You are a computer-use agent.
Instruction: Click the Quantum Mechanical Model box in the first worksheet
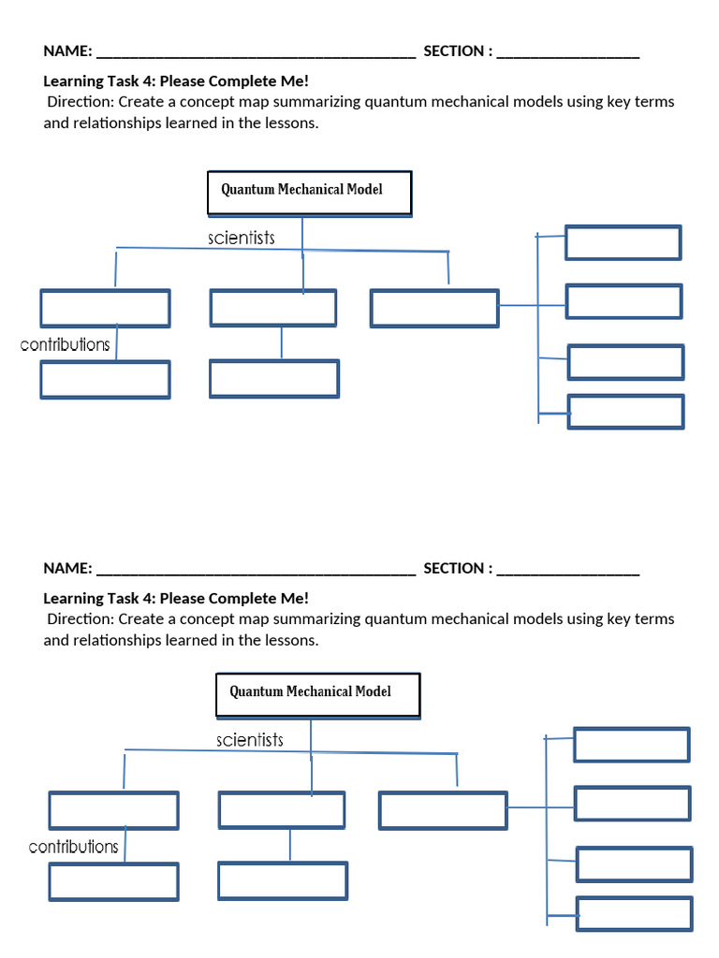click(x=308, y=193)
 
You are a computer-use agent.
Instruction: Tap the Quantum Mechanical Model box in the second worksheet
click(x=317, y=695)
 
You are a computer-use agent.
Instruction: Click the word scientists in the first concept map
click(x=242, y=239)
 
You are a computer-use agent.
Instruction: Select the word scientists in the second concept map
click(x=250, y=740)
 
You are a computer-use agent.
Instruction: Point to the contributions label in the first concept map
click(x=66, y=344)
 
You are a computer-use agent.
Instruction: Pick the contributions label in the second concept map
click(x=74, y=847)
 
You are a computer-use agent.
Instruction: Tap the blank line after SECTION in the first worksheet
click(x=568, y=52)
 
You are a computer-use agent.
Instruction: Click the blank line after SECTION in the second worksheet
click(x=568, y=570)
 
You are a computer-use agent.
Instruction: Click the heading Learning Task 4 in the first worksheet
click(x=176, y=81)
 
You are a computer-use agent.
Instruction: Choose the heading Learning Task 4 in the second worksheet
click(x=176, y=599)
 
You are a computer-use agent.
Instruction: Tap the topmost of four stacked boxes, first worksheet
click(x=623, y=242)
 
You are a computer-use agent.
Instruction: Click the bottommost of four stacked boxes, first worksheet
click(x=625, y=412)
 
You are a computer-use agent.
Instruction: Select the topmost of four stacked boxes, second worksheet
click(x=631, y=745)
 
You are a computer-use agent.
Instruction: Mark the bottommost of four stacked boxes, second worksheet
click(x=634, y=914)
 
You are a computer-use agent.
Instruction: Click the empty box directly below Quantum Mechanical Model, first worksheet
click(x=272, y=308)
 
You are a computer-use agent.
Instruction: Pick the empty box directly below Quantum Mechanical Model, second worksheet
click(x=281, y=810)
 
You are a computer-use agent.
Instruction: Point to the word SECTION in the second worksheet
click(x=455, y=569)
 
